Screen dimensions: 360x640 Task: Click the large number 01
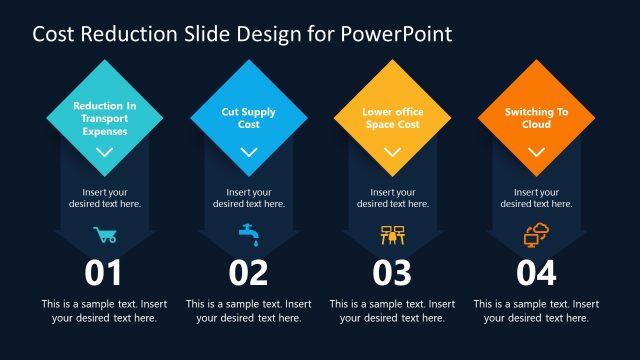pyautogui.click(x=104, y=273)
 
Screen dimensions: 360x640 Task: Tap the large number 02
pyautogui.click(x=248, y=273)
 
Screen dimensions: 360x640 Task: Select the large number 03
pyautogui.click(x=392, y=273)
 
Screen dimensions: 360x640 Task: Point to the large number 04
pyautogui.click(x=536, y=273)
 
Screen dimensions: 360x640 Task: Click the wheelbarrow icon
pyautogui.click(x=104, y=236)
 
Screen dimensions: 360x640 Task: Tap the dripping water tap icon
pyautogui.click(x=248, y=236)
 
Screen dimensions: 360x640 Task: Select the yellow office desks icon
pyautogui.click(x=392, y=236)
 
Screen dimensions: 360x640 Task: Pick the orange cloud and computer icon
pyautogui.click(x=536, y=236)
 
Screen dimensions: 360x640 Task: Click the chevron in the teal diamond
pyautogui.click(x=104, y=153)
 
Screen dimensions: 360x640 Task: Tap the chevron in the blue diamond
pyautogui.click(x=248, y=153)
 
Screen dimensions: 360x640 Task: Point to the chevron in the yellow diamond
pyautogui.click(x=392, y=153)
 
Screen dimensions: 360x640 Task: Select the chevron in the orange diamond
pyautogui.click(x=536, y=153)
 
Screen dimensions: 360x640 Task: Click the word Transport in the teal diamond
pyautogui.click(x=104, y=117)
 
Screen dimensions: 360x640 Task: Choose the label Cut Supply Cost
pyautogui.click(x=248, y=118)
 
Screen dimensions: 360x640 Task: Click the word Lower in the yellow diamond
pyautogui.click(x=378, y=112)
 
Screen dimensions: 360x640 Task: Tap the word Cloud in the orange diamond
pyautogui.click(x=536, y=124)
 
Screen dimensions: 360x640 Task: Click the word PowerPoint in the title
pyautogui.click(x=397, y=34)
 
